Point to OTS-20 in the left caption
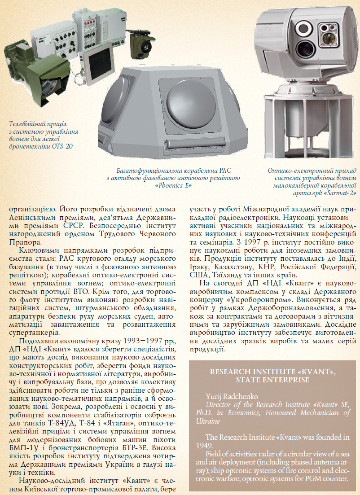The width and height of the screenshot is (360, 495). (x=63, y=146)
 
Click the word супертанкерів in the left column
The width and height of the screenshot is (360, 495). (x=32, y=333)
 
